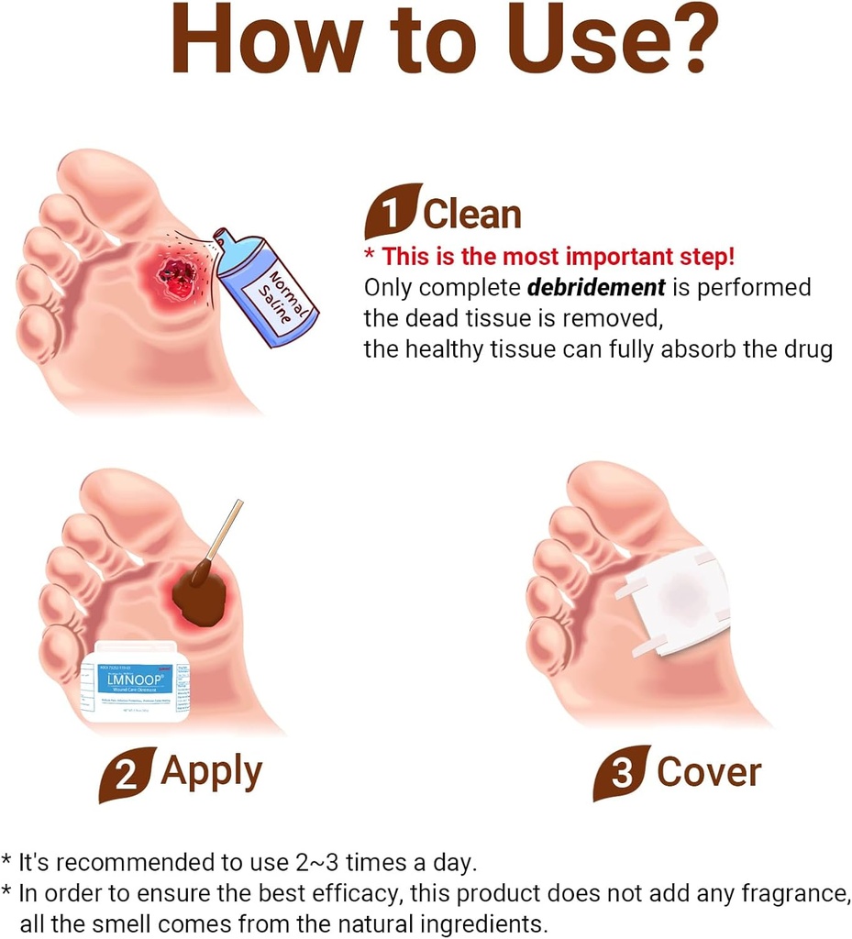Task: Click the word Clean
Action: tap(471, 215)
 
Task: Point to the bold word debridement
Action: tap(596, 287)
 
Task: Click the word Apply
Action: tap(211, 772)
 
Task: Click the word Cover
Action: tap(709, 773)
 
